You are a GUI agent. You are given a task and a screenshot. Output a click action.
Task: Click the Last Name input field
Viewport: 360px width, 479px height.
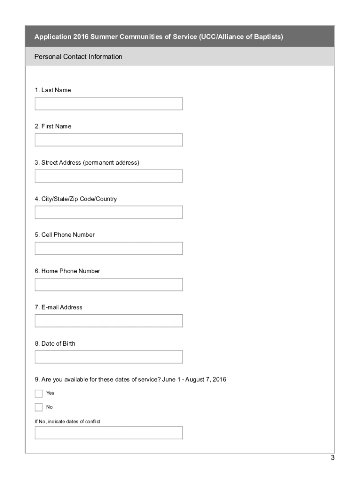point(108,104)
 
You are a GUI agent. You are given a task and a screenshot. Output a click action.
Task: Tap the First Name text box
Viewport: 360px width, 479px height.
point(108,140)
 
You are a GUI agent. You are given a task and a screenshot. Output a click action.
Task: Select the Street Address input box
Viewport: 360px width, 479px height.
point(108,176)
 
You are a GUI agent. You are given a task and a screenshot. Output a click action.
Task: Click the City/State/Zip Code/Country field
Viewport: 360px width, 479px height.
point(108,212)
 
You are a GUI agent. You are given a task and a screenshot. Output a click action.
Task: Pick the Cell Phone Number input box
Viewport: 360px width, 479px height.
point(108,248)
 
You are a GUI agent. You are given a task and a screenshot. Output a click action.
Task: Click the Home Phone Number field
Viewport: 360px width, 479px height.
point(108,284)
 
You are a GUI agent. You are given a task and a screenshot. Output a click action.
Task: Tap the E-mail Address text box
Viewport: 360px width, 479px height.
point(108,321)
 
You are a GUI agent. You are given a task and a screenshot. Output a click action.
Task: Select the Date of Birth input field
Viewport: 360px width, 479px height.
point(108,357)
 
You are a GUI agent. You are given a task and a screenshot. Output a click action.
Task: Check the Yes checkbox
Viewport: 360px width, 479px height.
point(38,393)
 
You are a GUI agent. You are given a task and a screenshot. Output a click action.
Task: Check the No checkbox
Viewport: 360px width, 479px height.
point(38,407)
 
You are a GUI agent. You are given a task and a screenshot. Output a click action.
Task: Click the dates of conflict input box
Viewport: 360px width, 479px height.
point(108,433)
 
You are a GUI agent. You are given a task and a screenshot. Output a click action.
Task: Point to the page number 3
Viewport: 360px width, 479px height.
point(332,458)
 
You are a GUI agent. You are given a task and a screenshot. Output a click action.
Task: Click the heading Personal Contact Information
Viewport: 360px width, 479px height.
point(78,57)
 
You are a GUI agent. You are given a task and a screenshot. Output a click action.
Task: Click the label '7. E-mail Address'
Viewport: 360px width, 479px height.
point(58,307)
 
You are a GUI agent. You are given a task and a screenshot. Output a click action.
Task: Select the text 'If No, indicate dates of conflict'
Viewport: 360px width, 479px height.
point(67,421)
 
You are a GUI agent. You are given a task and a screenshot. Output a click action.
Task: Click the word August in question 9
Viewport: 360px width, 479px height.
point(195,379)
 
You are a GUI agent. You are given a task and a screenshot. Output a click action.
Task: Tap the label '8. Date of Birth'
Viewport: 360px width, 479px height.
point(55,343)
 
